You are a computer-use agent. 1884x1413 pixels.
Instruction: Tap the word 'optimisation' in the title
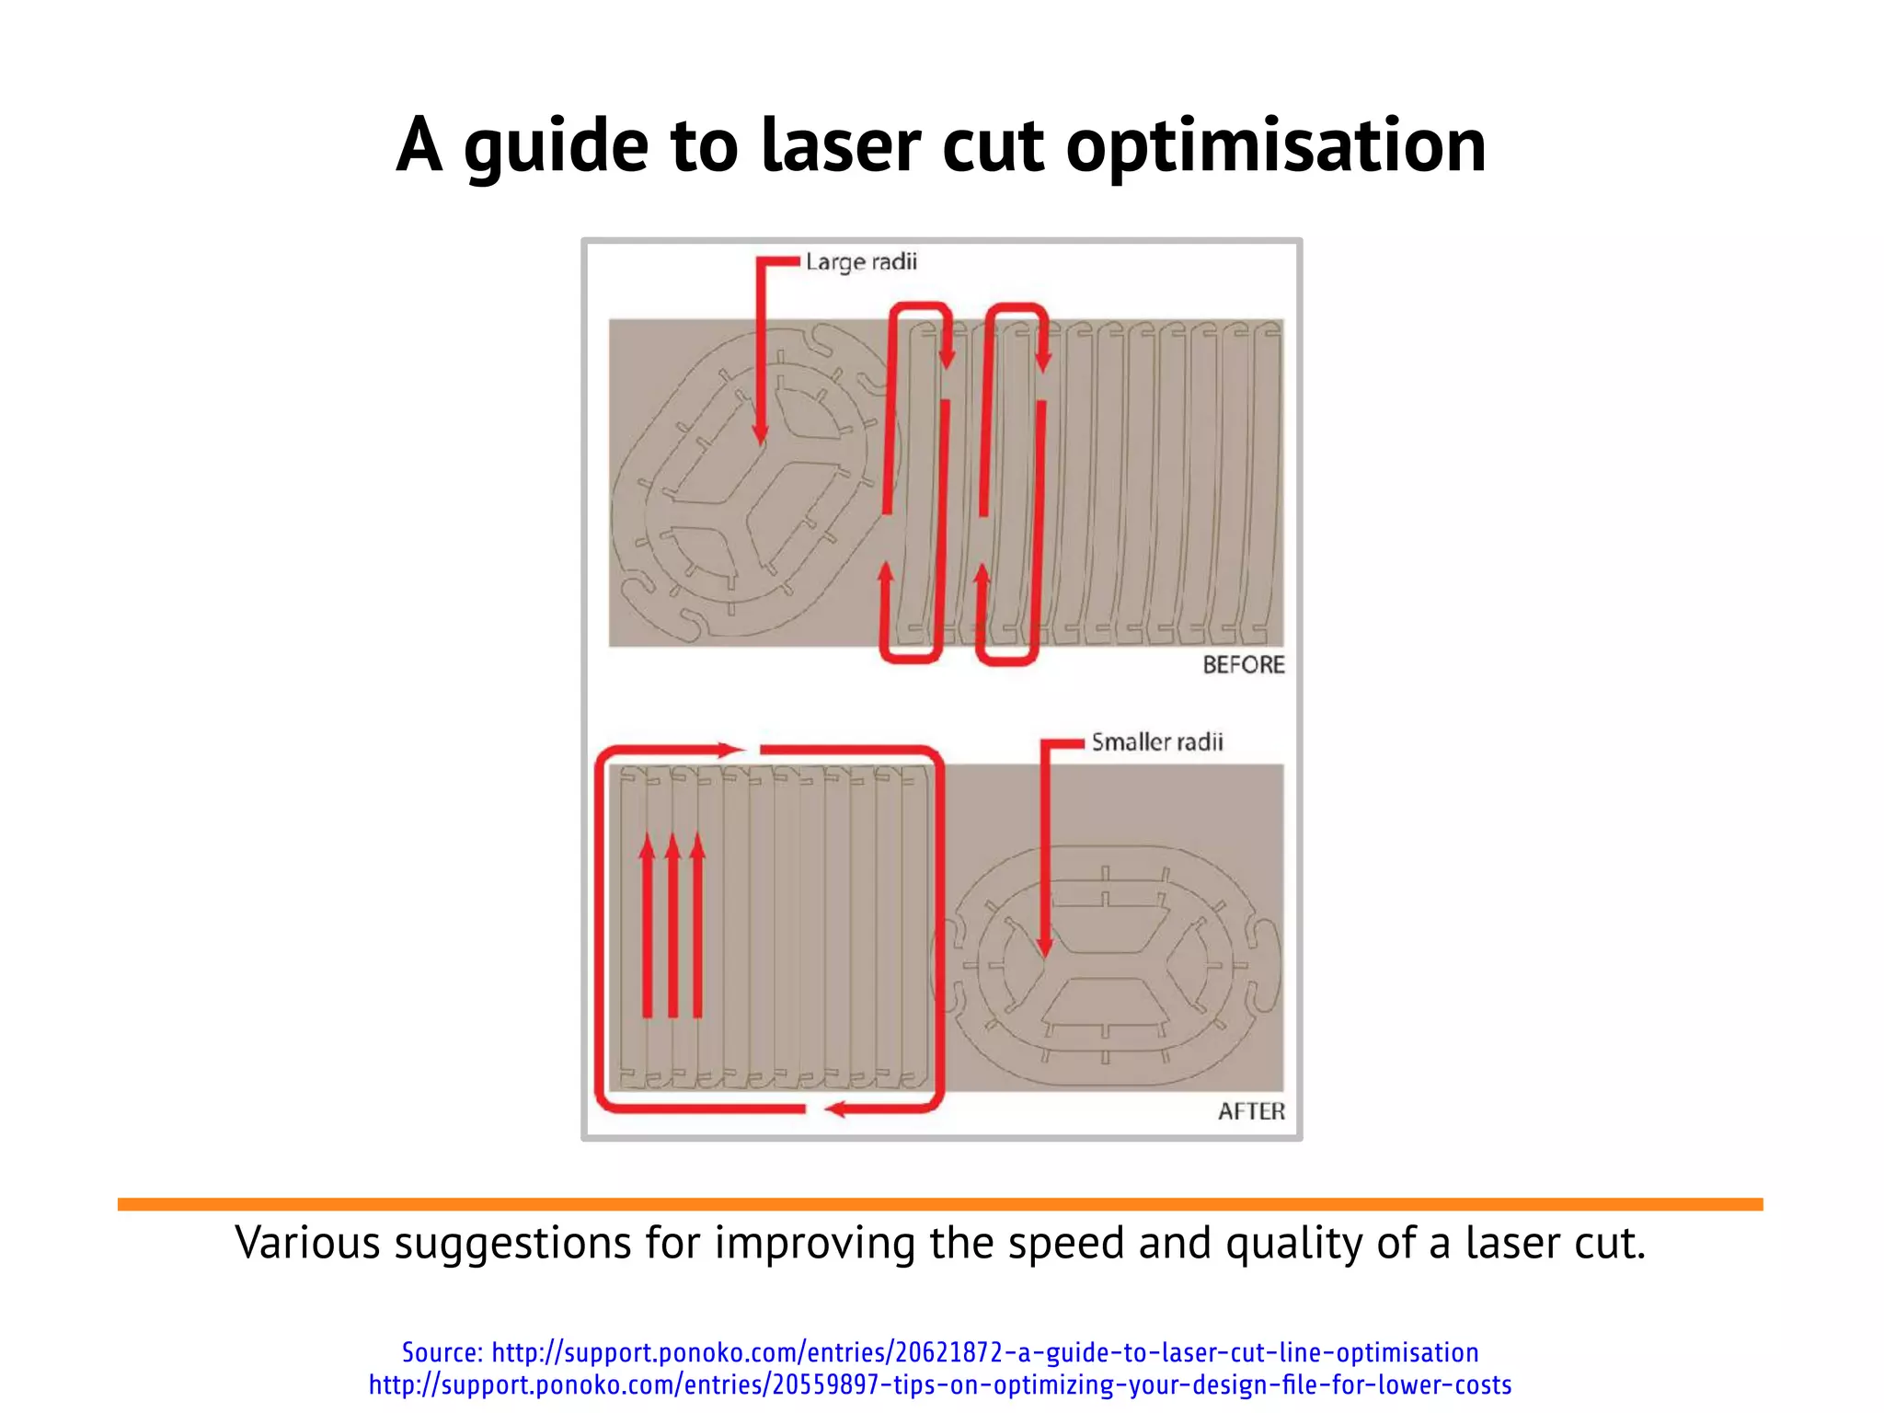tap(1275, 147)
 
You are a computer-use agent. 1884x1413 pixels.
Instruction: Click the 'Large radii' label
tap(861, 262)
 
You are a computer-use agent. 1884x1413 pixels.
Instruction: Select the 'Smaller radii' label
tap(1157, 742)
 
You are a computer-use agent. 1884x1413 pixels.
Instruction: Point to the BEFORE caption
tap(1244, 664)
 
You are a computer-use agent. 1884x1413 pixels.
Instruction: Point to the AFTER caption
tap(1251, 1111)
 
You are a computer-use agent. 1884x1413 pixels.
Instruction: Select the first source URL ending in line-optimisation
tap(984, 1352)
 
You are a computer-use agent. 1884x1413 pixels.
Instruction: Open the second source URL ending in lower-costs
tap(940, 1384)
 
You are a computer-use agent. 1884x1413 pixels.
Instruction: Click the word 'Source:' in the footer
tap(442, 1352)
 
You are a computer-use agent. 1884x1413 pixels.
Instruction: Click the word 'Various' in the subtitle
tap(307, 1243)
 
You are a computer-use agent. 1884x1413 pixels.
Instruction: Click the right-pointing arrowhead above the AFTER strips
tap(731, 750)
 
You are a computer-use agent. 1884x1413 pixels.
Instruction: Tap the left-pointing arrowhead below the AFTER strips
tap(835, 1109)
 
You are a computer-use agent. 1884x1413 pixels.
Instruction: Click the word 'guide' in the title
tap(556, 147)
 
